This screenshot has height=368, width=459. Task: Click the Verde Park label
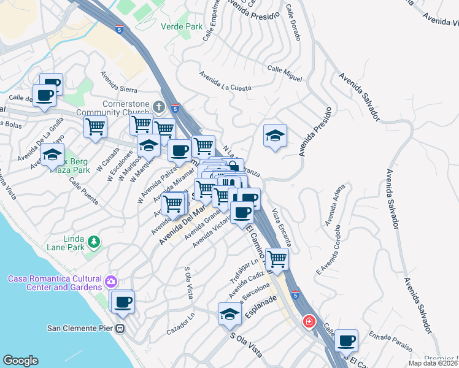(x=181, y=26)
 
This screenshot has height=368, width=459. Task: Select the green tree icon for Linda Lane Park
(x=94, y=242)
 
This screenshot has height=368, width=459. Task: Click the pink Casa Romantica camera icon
(x=110, y=282)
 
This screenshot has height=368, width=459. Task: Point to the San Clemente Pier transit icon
(x=120, y=328)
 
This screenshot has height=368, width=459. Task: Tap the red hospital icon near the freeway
(x=309, y=321)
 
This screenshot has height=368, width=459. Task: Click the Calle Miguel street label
(x=284, y=74)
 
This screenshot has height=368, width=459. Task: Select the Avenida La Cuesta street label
(x=225, y=82)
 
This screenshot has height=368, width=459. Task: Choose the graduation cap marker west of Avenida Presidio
(x=275, y=136)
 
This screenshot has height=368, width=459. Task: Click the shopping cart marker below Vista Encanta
(x=277, y=258)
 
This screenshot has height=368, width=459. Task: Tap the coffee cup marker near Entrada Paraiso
(x=346, y=339)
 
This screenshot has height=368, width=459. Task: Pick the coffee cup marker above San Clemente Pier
(x=123, y=301)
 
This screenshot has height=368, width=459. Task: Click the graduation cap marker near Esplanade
(x=229, y=313)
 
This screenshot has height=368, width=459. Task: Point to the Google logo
(x=20, y=361)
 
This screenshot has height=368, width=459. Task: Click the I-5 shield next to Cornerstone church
(x=175, y=109)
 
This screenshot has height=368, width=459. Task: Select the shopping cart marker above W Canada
(x=95, y=126)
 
